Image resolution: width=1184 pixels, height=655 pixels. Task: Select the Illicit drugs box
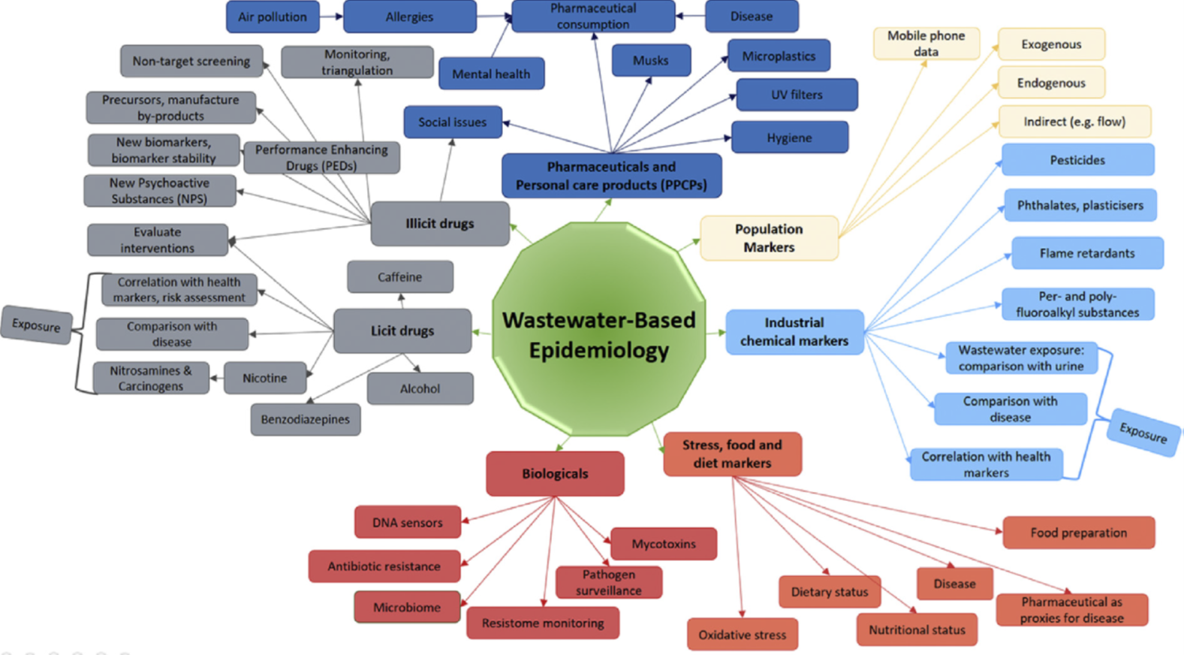[440, 223]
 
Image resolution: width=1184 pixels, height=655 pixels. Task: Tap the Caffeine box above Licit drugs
[400, 277]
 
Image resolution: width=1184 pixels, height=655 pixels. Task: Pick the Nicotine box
[264, 378]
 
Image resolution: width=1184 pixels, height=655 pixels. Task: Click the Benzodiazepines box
[305, 419]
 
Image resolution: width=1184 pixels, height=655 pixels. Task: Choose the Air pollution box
[273, 17]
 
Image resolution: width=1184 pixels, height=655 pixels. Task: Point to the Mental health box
[491, 74]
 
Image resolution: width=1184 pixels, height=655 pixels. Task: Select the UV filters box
[797, 95]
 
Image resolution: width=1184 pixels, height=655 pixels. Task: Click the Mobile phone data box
[926, 44]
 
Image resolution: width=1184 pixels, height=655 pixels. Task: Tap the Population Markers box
[769, 238]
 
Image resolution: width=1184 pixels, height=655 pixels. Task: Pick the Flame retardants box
[1087, 253]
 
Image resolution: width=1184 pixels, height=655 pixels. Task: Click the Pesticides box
[1077, 160]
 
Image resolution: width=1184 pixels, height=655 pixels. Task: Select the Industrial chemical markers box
[794, 331]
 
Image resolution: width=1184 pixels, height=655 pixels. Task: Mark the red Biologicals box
[555, 473]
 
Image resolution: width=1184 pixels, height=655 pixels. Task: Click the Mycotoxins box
[664, 544]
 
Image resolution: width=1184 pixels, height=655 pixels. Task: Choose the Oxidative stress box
[742, 635]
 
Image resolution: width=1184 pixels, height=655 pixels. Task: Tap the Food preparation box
[1078, 533]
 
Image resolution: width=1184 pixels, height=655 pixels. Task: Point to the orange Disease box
[954, 584]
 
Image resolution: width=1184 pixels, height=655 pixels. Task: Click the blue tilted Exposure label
[1143, 432]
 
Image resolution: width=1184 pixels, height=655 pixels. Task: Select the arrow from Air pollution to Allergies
[331, 16]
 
